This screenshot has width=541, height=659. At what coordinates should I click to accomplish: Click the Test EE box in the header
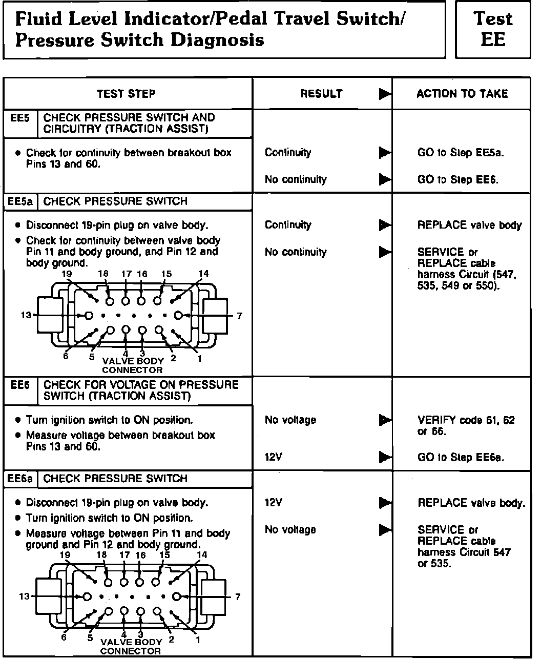pyautogui.click(x=493, y=29)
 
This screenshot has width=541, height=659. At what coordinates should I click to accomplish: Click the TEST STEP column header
pyautogui.click(x=126, y=94)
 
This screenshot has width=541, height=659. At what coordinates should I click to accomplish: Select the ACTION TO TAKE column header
pyautogui.click(x=462, y=94)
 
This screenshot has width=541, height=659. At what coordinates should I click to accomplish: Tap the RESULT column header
pyautogui.click(x=321, y=94)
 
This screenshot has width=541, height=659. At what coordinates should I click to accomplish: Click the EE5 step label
pyautogui.click(x=20, y=118)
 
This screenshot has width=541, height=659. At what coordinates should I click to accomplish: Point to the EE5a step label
pyautogui.click(x=21, y=201)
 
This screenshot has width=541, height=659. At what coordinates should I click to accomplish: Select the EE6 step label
pyautogui.click(x=20, y=385)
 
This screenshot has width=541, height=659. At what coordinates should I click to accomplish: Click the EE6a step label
pyautogui.click(x=21, y=479)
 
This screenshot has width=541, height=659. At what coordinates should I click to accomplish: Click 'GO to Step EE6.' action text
pyautogui.click(x=458, y=180)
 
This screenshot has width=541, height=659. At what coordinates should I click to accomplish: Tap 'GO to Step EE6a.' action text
pyautogui.click(x=461, y=458)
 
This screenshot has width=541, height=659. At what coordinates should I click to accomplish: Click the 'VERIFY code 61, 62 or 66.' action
pyautogui.click(x=466, y=426)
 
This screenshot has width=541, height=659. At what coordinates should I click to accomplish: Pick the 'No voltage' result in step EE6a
pyautogui.click(x=290, y=530)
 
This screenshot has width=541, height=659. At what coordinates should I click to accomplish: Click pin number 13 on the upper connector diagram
pyautogui.click(x=26, y=315)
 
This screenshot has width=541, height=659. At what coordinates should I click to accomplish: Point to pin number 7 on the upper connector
pyautogui.click(x=239, y=316)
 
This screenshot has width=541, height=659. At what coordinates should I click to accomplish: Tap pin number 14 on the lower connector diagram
pyautogui.click(x=202, y=555)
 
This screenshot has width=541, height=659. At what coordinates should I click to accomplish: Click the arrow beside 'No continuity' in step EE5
pyautogui.click(x=384, y=180)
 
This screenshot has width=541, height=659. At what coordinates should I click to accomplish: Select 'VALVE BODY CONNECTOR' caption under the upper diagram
pyautogui.click(x=132, y=365)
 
